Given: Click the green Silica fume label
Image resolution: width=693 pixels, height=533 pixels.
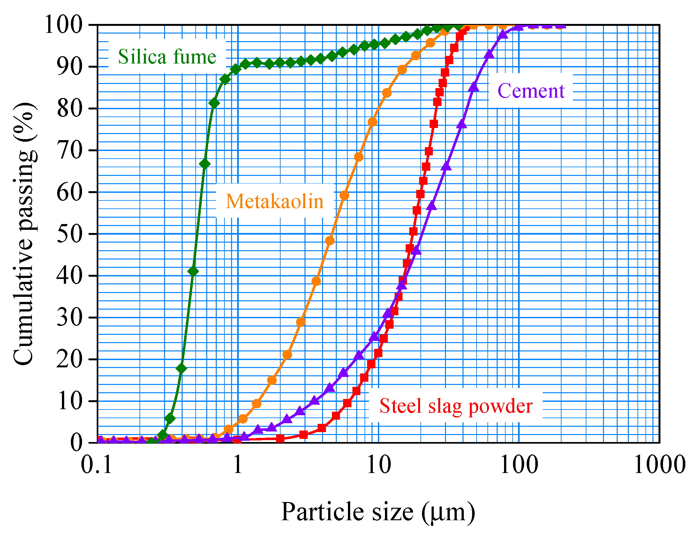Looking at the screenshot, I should coord(167,57).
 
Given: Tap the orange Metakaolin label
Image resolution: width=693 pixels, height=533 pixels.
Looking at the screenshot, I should coord(275,201).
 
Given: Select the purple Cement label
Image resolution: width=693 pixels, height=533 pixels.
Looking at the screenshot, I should coord(531,91).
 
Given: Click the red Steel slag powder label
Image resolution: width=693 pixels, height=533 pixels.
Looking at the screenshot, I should coord(456,406).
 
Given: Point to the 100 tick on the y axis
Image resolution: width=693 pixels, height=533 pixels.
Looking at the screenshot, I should coord(63,25).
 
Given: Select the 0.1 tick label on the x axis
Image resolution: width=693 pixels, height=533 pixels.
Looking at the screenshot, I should coord(96,465).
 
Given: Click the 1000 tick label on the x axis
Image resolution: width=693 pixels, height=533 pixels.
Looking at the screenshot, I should coord(659,465).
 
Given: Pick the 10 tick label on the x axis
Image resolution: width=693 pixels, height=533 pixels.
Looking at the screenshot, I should coord(379,465).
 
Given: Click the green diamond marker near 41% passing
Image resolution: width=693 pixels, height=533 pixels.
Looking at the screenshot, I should coord(193,272).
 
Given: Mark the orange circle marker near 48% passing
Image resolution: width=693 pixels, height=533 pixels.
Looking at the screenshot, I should coord(330,241).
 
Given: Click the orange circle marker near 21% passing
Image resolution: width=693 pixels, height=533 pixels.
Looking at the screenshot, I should coord(287,355).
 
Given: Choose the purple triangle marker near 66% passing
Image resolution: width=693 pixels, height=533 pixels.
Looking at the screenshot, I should coord(446,166).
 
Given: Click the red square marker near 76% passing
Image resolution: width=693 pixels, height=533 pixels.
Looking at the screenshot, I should coord(433,124).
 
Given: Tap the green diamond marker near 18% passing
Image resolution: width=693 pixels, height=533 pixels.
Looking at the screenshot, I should coord(181,369).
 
